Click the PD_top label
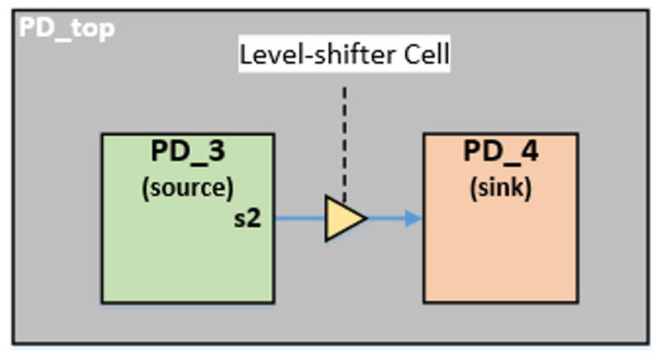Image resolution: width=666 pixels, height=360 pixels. coord(67,28)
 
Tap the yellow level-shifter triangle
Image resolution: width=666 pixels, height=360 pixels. coord(342,219)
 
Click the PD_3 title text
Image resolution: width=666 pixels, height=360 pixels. coord(187,152)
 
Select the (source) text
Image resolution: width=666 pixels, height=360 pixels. coord(187,188)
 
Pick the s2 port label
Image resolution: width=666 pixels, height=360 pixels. coord(247,217)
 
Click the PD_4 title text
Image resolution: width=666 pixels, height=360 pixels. coord(500,152)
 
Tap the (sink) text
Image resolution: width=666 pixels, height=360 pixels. coord(500,188)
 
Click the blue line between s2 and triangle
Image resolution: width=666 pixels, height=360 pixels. coord(300,219)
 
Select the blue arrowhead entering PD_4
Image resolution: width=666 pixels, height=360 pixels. coord(414,219)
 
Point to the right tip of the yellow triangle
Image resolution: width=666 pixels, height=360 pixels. coord(366,219)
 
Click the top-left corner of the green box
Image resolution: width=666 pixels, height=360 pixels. coord(102,135)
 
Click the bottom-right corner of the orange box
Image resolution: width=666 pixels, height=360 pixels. coord(577,302)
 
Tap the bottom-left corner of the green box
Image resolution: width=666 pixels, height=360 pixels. coord(102,302)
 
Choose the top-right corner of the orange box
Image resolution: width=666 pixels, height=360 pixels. coord(577,134)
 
